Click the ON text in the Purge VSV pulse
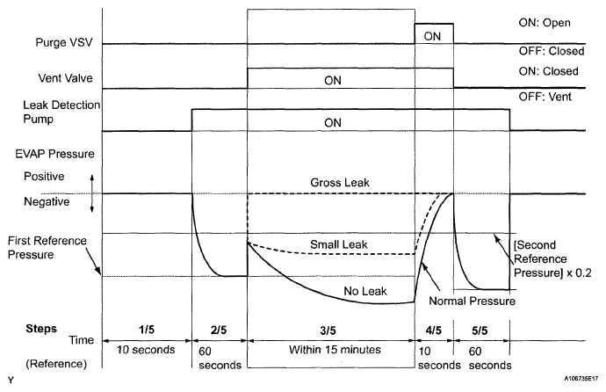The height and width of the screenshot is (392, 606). [x=433, y=35]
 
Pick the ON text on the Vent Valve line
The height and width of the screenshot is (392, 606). [x=331, y=79]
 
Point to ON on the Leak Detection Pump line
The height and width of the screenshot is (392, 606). [x=331, y=122]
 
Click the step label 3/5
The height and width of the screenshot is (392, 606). [x=331, y=330]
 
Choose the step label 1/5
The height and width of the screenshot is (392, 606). [x=146, y=330]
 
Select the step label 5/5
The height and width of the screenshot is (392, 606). [x=480, y=330]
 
